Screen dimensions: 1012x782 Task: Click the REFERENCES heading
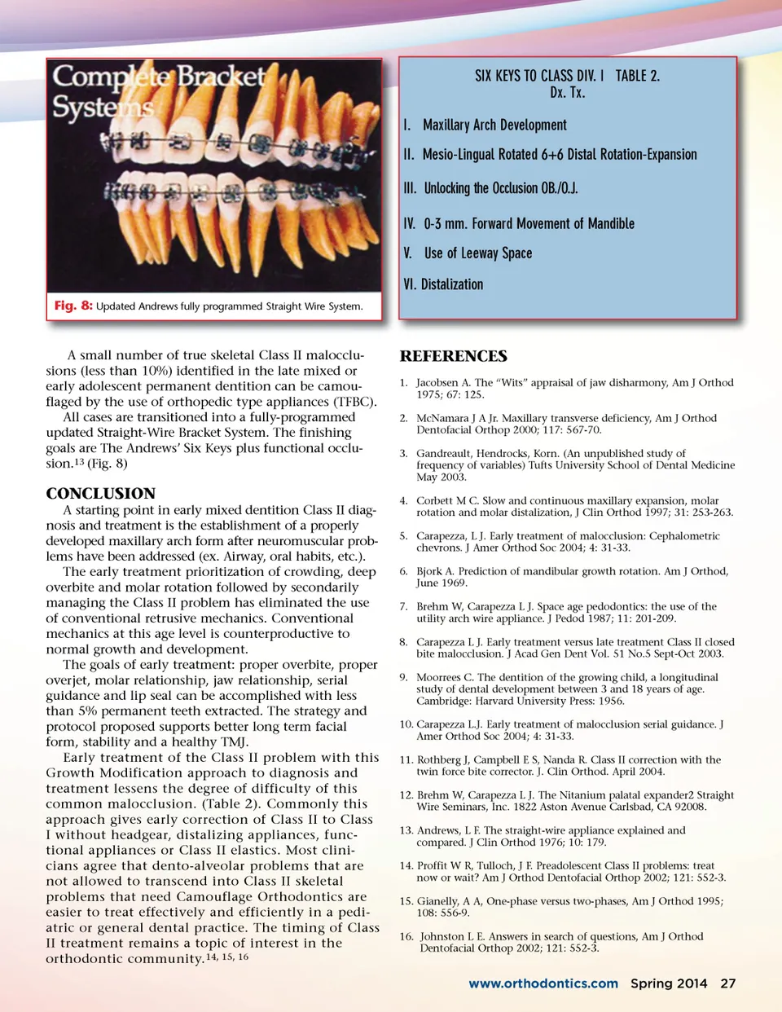click(x=453, y=356)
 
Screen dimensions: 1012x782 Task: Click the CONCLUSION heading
click(x=100, y=494)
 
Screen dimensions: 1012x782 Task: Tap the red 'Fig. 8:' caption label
click(x=73, y=306)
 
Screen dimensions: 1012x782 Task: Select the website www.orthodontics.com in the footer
click(x=543, y=983)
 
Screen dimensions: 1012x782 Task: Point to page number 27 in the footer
click(x=727, y=983)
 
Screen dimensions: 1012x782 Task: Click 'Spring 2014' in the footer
click(x=669, y=983)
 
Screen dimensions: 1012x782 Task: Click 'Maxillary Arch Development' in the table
click(x=494, y=125)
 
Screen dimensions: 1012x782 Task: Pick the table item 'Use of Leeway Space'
click(x=477, y=253)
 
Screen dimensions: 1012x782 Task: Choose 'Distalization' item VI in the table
click(x=451, y=284)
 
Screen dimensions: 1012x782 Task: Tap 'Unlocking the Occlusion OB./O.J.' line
click(x=500, y=188)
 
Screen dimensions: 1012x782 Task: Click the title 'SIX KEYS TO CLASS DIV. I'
click(x=539, y=76)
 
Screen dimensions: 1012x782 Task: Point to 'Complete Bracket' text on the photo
click(x=159, y=77)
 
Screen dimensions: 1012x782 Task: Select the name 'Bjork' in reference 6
click(x=430, y=571)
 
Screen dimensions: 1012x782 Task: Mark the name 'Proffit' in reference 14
click(x=433, y=865)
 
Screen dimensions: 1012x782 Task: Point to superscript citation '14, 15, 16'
click(x=227, y=957)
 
